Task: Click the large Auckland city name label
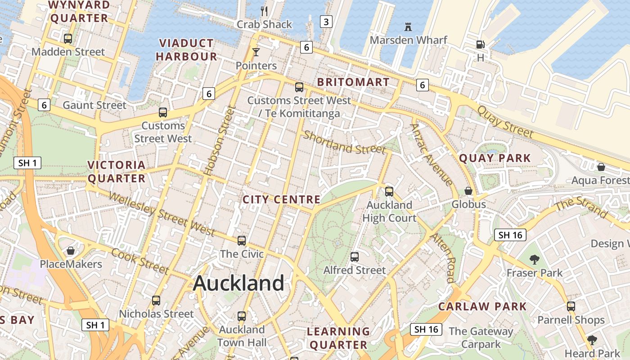[x=238, y=283]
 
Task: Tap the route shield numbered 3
[x=326, y=21]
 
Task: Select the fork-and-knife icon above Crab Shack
[x=264, y=11]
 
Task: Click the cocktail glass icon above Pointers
[x=256, y=52]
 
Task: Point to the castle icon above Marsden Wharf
[x=408, y=27]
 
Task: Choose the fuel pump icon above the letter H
[x=481, y=44]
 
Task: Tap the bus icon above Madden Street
[x=68, y=38]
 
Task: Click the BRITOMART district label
[x=353, y=82]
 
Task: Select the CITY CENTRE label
[x=281, y=199]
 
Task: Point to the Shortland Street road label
[x=344, y=142]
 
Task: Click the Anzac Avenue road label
[x=431, y=154]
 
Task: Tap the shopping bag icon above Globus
[x=468, y=191]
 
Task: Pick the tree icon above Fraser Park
[x=535, y=259]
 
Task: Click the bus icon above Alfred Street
[x=355, y=256]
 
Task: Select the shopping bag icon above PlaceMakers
[x=71, y=250]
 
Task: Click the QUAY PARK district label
[x=495, y=158]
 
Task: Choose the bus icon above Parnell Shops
[x=571, y=306]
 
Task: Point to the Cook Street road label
[x=140, y=261]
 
